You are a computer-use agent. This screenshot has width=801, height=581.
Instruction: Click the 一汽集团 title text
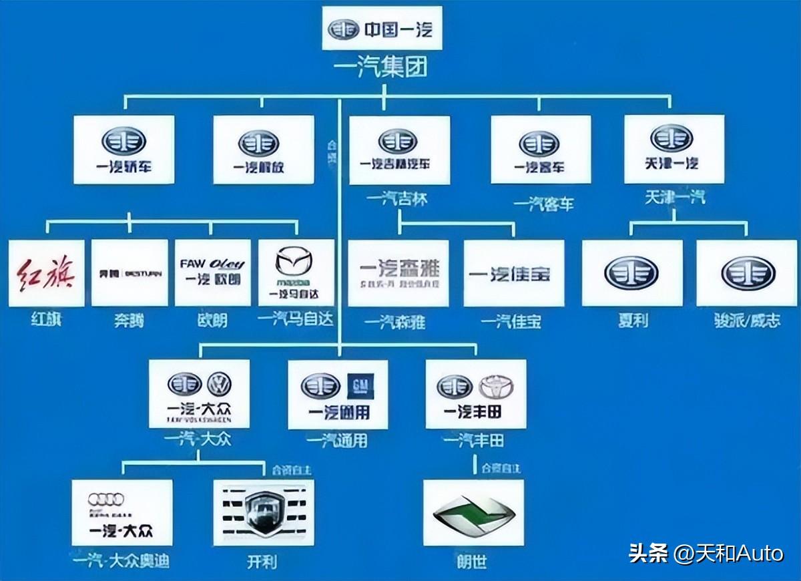click(x=382, y=68)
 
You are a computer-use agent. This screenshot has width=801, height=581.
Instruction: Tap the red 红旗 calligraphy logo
click(x=46, y=274)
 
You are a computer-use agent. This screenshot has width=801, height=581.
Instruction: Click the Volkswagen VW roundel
click(x=219, y=385)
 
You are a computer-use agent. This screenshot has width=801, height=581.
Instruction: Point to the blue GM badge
click(x=360, y=385)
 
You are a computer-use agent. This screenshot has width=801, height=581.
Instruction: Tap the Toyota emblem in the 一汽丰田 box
click(x=495, y=386)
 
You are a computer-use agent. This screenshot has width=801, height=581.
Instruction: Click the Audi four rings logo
click(x=106, y=500)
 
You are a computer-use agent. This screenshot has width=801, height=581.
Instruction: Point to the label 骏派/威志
click(x=746, y=321)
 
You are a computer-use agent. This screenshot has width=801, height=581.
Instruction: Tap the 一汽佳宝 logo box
click(x=513, y=274)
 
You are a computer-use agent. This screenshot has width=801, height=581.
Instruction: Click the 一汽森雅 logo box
click(x=398, y=274)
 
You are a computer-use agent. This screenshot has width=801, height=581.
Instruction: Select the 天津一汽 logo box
click(x=674, y=149)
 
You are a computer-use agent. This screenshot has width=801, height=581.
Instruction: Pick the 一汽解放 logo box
click(x=263, y=150)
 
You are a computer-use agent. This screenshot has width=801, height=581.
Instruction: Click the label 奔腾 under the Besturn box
click(x=129, y=321)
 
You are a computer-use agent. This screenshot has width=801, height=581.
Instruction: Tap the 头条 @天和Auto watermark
click(x=706, y=553)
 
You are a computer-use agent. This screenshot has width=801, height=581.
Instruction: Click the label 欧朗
click(x=212, y=321)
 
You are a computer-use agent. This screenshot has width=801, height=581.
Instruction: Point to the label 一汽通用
click(x=337, y=441)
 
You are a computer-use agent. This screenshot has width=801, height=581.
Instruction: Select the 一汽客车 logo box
click(x=540, y=150)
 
